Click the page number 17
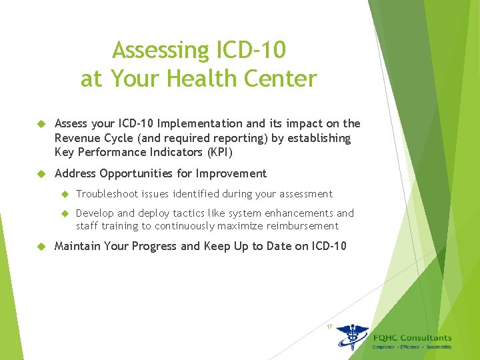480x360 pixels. pos(329,327)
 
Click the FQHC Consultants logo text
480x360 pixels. pos(412,338)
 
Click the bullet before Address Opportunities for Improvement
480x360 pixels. pos(40,174)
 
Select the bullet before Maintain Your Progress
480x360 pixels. pos(40,247)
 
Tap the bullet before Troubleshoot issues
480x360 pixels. pos(65,194)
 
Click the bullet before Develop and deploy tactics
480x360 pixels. pos(65,213)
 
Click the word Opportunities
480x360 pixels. pos(140,174)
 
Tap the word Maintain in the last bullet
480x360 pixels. pos(77,247)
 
